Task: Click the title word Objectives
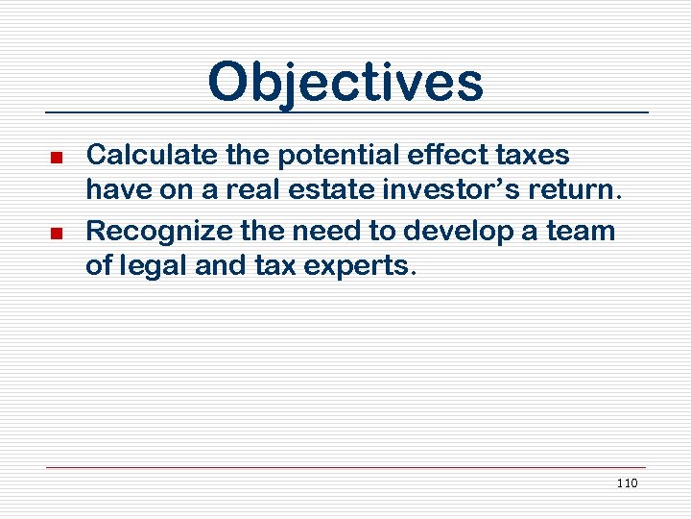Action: tap(345, 83)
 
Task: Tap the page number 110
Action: tap(627, 482)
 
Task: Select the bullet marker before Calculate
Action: tap(57, 157)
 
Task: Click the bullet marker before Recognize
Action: tap(57, 234)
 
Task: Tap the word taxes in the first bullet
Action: tap(536, 156)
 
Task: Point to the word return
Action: tap(569, 190)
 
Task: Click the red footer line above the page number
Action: tap(345, 468)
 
